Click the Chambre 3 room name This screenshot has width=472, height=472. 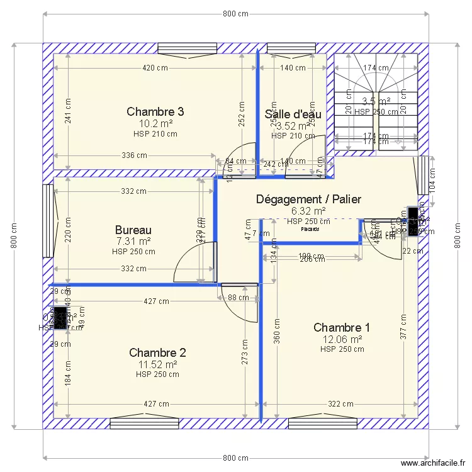tap(155, 111)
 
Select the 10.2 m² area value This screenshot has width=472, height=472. tap(155, 123)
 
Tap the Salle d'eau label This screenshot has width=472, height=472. tap(293, 114)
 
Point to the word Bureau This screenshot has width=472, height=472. tap(133, 230)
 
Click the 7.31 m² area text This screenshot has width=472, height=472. tap(133, 241)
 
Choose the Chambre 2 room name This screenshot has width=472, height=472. tap(157, 352)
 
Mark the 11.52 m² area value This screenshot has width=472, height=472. tap(157, 364)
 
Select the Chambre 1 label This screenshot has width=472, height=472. tap(342, 327)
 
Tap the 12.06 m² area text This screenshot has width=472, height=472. tap(342, 339)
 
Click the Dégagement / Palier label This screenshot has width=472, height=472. tap(308, 199)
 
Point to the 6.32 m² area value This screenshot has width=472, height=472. tap(308, 211)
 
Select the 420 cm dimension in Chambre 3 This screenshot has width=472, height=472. tap(155, 68)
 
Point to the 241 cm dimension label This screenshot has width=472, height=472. tap(68, 112)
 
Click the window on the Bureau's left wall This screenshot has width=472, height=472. tap(48, 220)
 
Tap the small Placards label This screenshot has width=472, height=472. tap(309, 229)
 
